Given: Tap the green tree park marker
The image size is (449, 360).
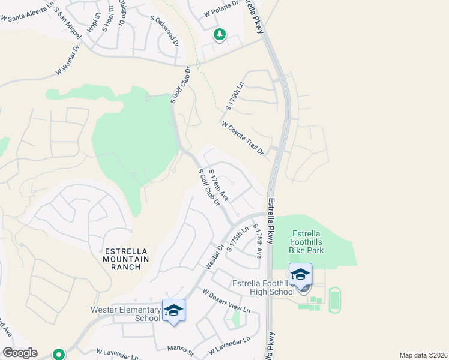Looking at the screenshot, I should point(220,35).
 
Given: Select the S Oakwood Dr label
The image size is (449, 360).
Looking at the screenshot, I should point(167,32).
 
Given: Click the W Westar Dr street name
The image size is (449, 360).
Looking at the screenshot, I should point(68,59).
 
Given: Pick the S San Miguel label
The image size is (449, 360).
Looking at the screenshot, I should point(70,25).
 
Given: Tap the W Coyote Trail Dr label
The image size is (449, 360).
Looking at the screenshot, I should point(243,138).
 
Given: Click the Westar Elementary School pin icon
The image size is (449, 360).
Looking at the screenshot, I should point(173,310).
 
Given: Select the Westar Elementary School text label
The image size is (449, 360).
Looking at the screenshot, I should point(125,314).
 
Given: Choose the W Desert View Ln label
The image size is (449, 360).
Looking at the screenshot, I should point(226,301).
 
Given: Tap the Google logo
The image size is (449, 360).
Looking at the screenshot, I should point(20,353).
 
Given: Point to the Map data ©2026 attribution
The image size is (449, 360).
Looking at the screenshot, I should point(423,355).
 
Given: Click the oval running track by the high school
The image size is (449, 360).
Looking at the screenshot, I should point(334,299).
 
